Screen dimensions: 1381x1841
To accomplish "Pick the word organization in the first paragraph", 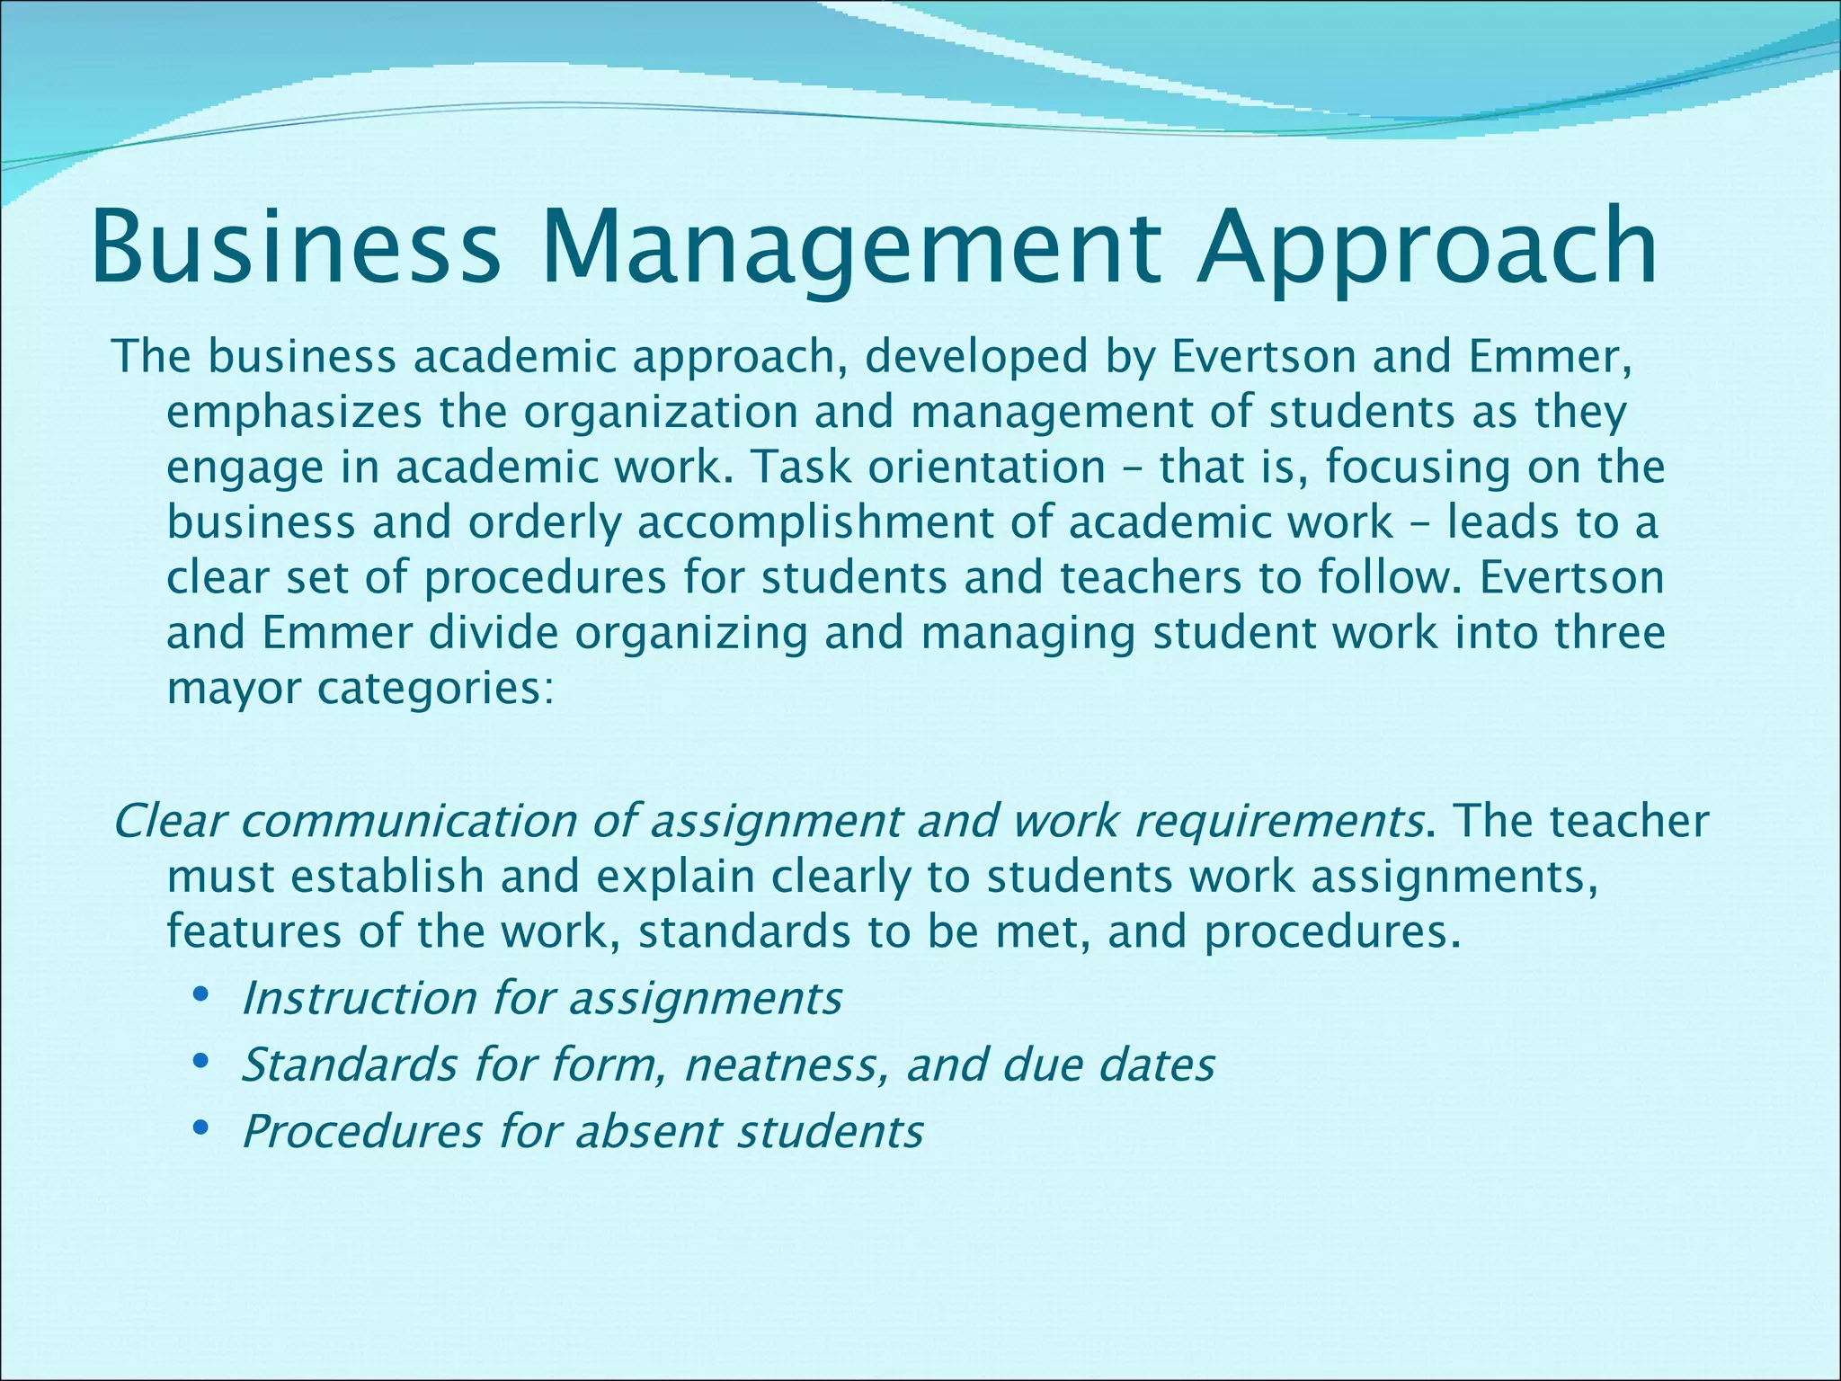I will [662, 413].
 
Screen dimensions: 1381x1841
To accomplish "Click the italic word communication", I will [426, 822].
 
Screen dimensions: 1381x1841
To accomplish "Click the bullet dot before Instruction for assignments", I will [201, 995].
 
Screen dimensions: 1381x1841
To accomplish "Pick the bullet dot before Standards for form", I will [201, 1062].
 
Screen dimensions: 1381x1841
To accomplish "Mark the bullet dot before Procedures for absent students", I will [201, 1127].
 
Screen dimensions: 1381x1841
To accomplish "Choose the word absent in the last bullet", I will [648, 1132].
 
